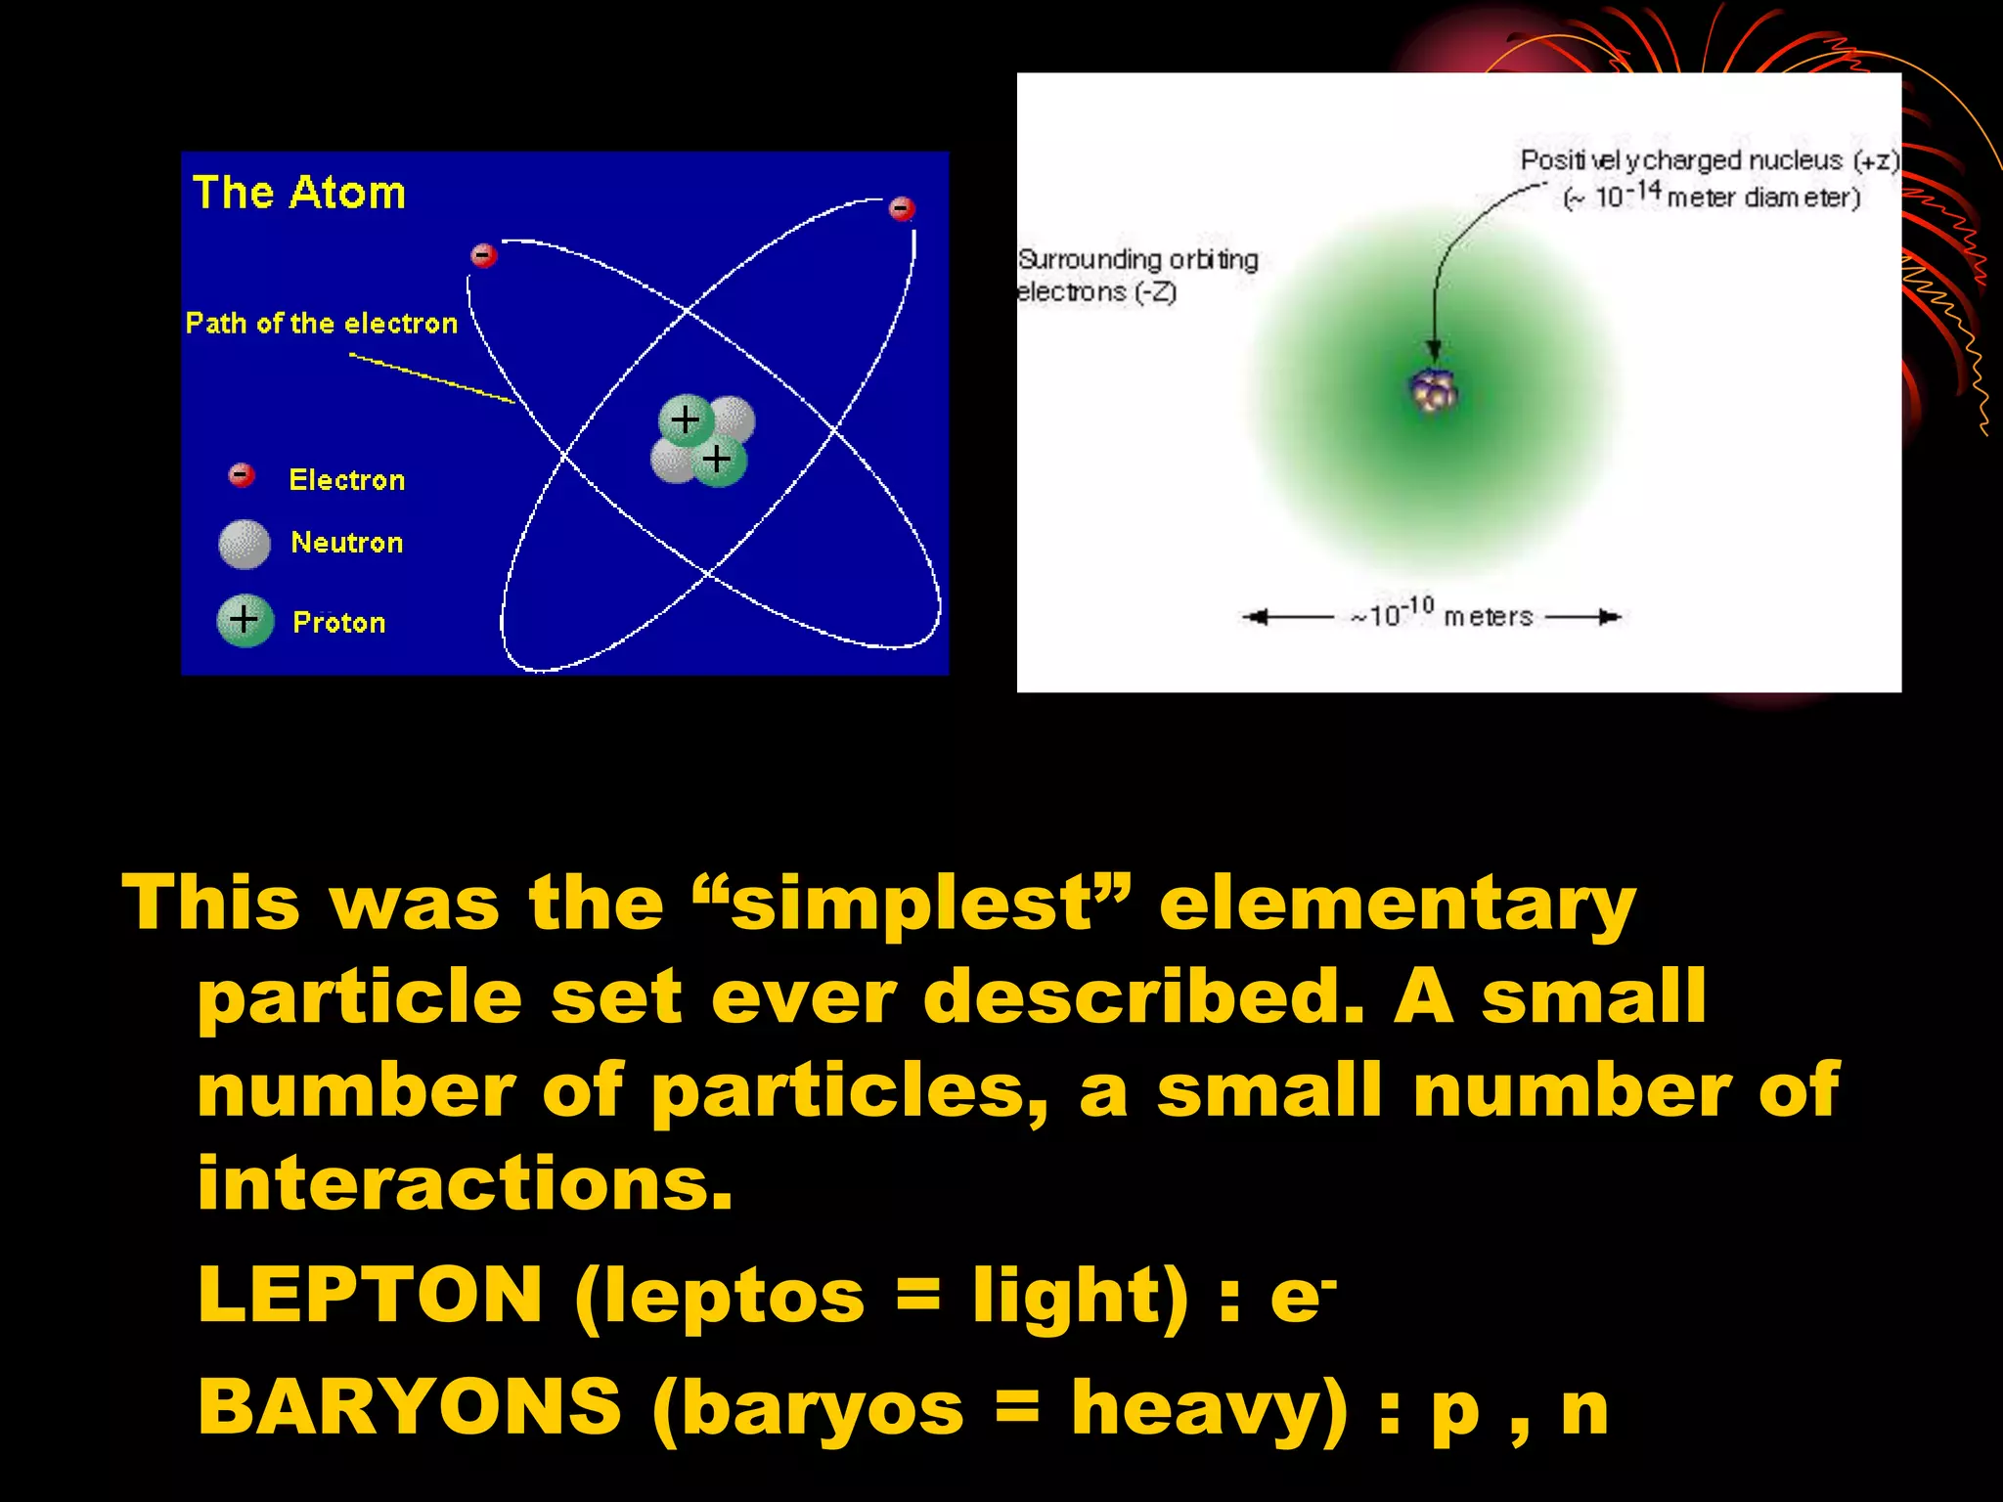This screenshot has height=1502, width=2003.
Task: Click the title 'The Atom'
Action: click(x=298, y=193)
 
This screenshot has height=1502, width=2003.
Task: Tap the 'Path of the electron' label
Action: click(x=321, y=324)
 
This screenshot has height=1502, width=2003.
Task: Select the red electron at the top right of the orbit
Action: click(x=901, y=208)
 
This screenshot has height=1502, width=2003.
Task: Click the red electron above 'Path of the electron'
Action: click(x=483, y=256)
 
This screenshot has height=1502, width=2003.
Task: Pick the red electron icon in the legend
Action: click(x=241, y=475)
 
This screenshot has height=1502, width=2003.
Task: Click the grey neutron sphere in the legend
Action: click(x=245, y=544)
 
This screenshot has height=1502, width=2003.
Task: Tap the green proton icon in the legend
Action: click(x=245, y=620)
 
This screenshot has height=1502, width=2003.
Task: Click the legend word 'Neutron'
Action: click(x=346, y=543)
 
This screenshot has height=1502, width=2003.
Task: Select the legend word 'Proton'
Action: click(x=338, y=623)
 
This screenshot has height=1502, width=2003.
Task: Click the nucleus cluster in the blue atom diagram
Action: click(x=702, y=440)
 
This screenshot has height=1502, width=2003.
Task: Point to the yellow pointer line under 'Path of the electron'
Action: click(x=431, y=377)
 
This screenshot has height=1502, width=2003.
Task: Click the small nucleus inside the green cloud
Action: click(x=1434, y=392)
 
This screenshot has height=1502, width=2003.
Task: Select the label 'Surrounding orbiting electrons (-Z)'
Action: click(x=1136, y=275)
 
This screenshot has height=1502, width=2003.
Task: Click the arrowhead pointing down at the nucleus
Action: click(x=1434, y=351)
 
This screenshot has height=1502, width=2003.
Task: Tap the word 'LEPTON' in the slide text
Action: click(x=370, y=1295)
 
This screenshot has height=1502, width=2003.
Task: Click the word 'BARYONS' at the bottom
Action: click(x=409, y=1407)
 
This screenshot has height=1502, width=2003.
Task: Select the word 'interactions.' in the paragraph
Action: click(x=465, y=1183)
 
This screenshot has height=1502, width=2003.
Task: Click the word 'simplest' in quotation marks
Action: click(x=911, y=904)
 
